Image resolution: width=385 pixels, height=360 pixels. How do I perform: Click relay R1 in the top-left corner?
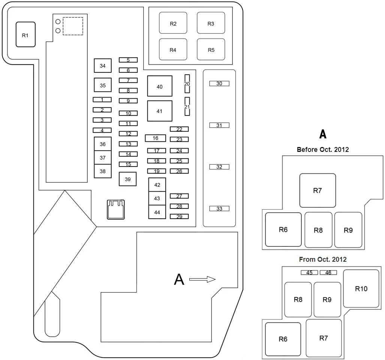(x=25, y=34)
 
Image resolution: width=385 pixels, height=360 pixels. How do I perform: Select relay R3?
(x=211, y=23)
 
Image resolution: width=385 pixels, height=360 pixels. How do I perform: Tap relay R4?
(x=173, y=49)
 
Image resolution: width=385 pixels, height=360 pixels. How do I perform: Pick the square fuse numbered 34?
(x=103, y=66)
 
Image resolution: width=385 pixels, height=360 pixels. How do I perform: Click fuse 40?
(x=160, y=86)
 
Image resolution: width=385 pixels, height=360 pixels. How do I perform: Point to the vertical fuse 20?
(x=187, y=84)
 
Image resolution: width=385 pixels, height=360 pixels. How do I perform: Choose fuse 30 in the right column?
(x=219, y=84)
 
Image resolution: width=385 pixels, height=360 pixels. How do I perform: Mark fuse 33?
(x=219, y=208)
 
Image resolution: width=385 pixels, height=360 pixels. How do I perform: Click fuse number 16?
(x=156, y=138)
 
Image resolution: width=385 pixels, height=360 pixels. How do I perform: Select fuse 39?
(x=128, y=179)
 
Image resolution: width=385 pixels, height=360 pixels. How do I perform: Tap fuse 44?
(x=157, y=212)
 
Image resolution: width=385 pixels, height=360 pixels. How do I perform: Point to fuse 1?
(x=102, y=99)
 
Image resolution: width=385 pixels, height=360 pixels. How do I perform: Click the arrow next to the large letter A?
(x=202, y=279)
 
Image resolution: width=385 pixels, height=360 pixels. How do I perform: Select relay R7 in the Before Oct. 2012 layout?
(x=318, y=190)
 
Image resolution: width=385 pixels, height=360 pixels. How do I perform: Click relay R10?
(x=361, y=288)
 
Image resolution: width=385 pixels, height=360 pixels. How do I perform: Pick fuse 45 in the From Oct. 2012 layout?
(x=309, y=273)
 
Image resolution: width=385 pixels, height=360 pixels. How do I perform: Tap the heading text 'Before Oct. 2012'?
(x=323, y=150)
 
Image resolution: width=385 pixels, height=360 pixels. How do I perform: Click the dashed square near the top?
(x=73, y=26)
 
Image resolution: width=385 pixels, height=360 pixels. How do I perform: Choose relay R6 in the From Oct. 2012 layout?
(x=283, y=339)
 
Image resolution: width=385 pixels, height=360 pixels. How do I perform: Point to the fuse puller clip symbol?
(x=116, y=210)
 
